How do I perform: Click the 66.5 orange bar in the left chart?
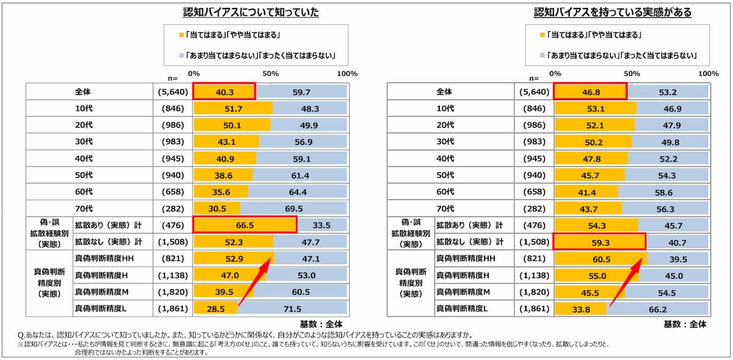pos(245,225)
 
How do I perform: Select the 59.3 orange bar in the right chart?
pos(599,242)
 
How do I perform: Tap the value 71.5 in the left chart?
pos(292,309)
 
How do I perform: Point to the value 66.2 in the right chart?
pos(658,309)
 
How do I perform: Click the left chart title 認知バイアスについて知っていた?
pos(250,12)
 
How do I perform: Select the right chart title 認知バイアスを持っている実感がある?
pos(612,12)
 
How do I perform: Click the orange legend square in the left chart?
pos(181,35)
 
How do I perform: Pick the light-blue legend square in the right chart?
pos(542,56)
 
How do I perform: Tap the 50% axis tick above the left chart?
pos(271,74)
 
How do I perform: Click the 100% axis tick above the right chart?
pos(709,74)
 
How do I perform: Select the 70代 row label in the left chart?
pos(84,208)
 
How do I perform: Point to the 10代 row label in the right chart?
pos(445,108)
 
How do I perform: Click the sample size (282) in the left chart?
pos(173,208)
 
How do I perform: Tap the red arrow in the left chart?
pos(254,282)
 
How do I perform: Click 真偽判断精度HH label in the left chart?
pos(104,259)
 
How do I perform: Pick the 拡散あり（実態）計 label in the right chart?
pos(470,226)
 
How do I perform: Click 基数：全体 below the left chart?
pos(321,325)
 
